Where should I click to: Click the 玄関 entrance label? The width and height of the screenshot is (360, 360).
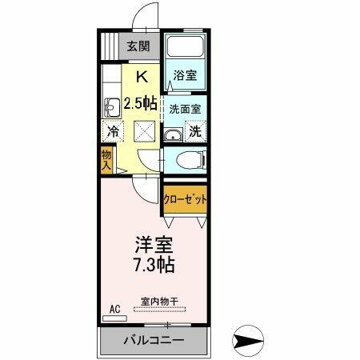click(x=142, y=46)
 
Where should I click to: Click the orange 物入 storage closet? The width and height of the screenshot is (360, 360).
click(x=107, y=160)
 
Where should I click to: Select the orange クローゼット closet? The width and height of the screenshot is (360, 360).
click(x=185, y=198)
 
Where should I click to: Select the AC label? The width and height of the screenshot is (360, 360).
click(x=114, y=306)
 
